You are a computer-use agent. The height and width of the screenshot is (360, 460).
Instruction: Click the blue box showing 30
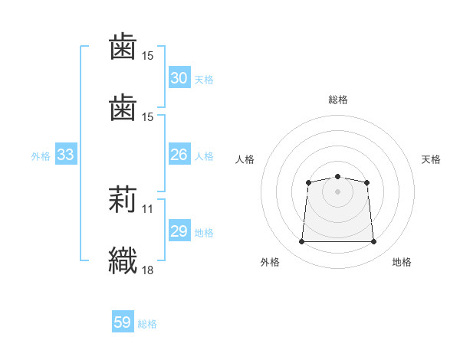tap(179, 78)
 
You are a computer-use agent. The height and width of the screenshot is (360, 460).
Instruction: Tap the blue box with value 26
tap(179, 155)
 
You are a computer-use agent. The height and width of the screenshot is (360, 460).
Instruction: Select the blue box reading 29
tap(179, 231)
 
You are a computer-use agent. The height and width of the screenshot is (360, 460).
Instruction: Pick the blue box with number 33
tap(65, 155)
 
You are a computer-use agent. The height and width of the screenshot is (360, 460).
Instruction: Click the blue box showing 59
tap(123, 322)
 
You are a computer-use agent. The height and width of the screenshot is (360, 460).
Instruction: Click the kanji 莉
tap(123, 201)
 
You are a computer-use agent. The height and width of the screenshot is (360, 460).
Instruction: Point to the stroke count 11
tap(148, 208)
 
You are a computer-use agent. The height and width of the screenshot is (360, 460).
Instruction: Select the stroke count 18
tap(148, 270)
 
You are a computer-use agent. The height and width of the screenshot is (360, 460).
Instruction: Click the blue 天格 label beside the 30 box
tap(203, 80)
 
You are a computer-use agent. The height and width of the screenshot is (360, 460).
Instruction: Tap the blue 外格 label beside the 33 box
tap(41, 156)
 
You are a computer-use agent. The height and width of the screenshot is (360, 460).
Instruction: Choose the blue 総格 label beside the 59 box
tap(147, 324)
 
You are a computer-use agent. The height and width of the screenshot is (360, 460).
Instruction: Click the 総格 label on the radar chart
tap(338, 100)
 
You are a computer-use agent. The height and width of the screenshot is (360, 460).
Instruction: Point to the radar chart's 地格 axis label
tap(402, 262)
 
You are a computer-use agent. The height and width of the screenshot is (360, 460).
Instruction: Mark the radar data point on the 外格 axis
tap(301, 242)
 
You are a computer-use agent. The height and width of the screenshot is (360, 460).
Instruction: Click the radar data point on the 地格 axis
tap(373, 242)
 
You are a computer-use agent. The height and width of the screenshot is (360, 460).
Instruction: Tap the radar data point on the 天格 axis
tap(367, 182)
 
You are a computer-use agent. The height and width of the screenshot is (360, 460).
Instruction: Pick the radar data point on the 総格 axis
tap(337, 177)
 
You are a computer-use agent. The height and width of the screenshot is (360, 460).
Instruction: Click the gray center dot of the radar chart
tap(337, 191)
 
